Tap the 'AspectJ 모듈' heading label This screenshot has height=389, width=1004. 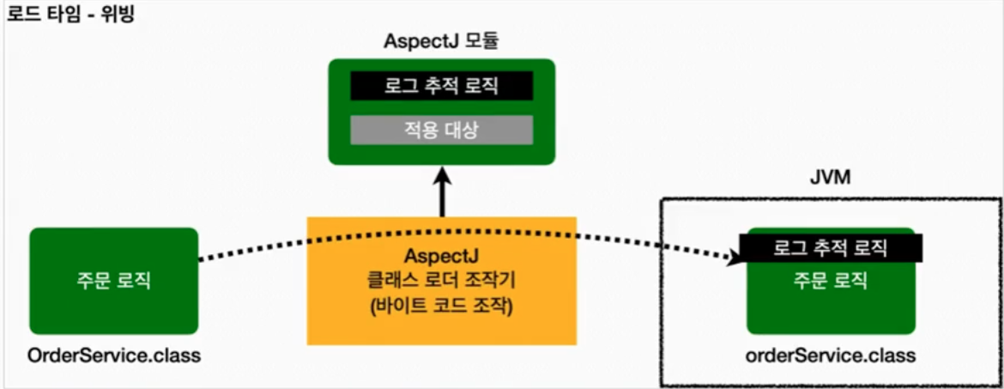[x=442, y=40]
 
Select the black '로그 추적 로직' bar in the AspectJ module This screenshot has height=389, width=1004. [x=442, y=86]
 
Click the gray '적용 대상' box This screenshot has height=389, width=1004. [x=442, y=131]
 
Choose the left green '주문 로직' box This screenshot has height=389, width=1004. [x=113, y=280]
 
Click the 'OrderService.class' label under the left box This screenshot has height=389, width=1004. [x=114, y=356]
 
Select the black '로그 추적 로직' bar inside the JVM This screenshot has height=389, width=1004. [x=831, y=249]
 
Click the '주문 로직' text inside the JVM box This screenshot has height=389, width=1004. [x=830, y=279]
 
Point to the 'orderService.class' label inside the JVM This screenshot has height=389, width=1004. [x=831, y=356]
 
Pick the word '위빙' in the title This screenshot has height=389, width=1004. [x=116, y=15]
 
